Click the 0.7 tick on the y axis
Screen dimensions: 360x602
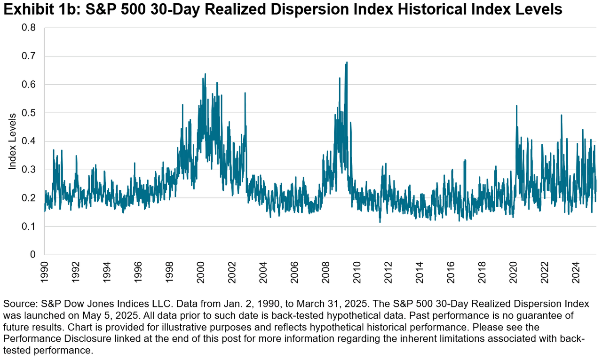point(30,56)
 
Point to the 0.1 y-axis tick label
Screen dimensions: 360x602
point(30,227)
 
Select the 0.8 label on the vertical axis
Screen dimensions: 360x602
point(30,28)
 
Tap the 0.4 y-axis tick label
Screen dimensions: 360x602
point(30,141)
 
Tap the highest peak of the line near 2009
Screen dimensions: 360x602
point(347,62)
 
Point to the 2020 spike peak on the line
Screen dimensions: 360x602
point(516,105)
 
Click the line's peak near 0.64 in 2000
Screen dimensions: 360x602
point(205,74)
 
